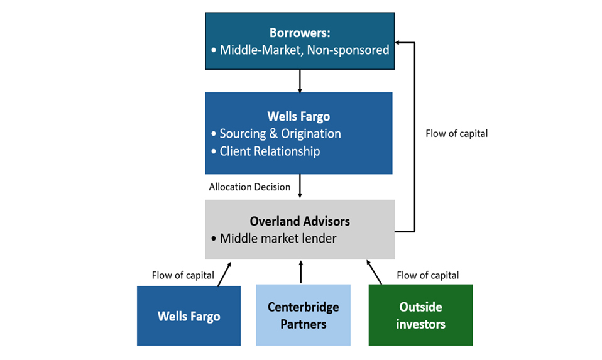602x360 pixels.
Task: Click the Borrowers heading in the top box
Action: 299,32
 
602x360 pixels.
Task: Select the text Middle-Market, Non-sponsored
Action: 304,50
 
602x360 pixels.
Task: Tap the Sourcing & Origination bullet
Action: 280,134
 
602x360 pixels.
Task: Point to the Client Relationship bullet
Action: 270,151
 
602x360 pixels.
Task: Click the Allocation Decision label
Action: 249,187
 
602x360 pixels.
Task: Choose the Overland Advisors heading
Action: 300,221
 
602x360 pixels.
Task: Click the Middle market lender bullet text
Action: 278,239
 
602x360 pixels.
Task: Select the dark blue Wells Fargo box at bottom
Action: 189,315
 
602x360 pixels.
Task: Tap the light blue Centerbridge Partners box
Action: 303,315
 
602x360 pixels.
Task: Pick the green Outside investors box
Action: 420,315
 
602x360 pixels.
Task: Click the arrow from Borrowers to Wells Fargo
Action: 300,80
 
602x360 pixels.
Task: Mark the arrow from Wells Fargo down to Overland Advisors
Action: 300,187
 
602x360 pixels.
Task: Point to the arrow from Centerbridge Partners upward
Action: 301,272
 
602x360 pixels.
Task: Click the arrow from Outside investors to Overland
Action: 374,272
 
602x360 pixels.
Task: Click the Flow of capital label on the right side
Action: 456,133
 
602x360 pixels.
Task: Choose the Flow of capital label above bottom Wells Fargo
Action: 183,275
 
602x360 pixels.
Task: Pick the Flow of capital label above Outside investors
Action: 428,275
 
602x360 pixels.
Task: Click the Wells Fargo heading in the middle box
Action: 298,116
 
